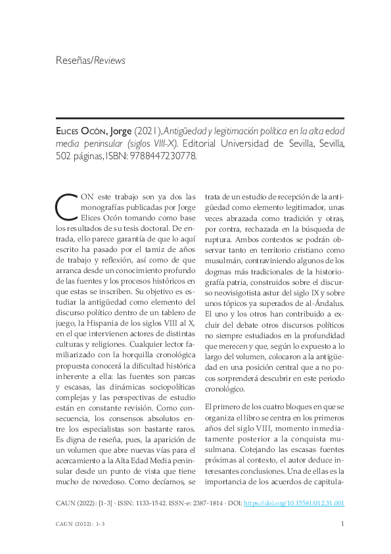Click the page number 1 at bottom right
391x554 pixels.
point(343,524)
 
